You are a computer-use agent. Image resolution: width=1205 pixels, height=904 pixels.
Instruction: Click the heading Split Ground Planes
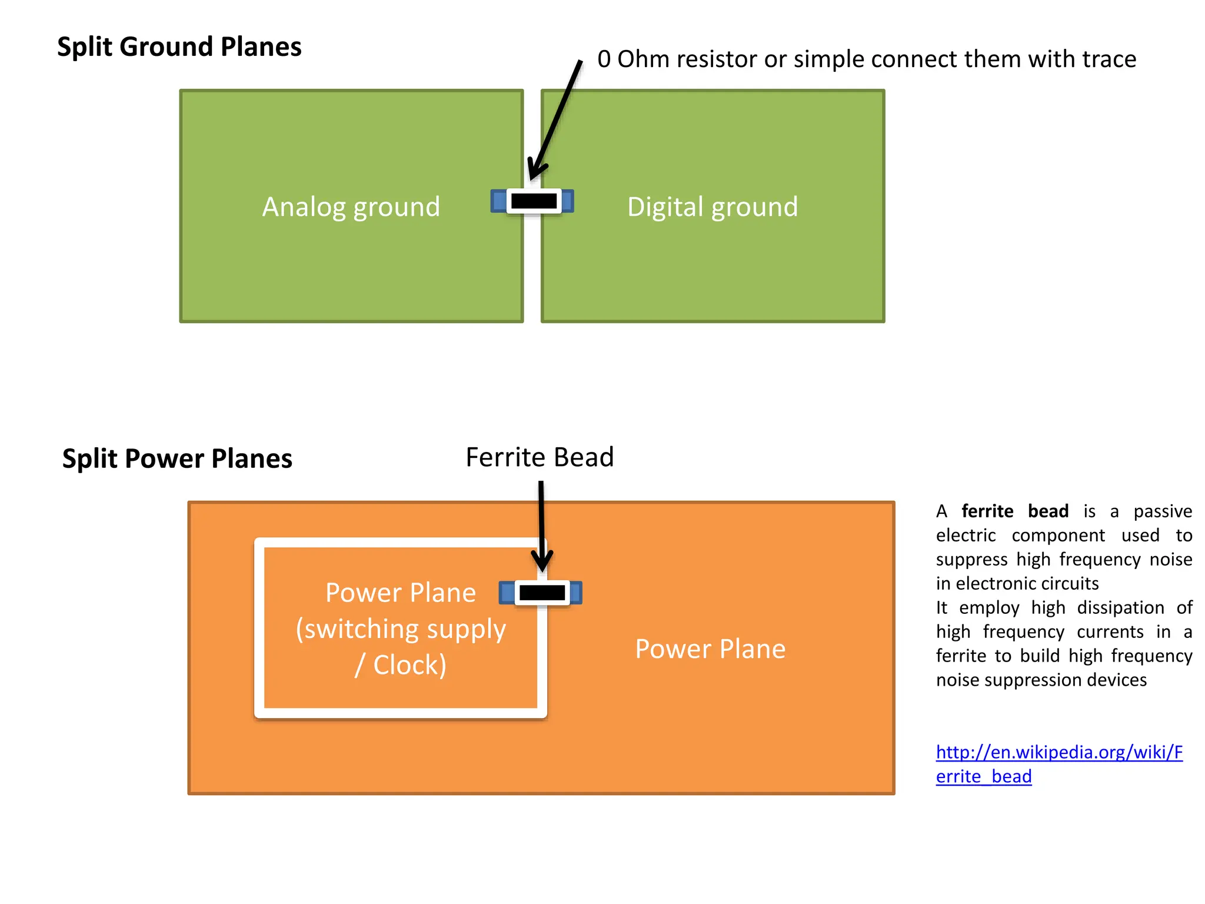pos(179,47)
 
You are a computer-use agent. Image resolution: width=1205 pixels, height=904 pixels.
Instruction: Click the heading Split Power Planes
pos(177,459)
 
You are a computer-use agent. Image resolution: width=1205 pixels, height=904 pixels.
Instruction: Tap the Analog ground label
pos(351,207)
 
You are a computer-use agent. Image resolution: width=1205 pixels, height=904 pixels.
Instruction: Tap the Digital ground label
pos(713,207)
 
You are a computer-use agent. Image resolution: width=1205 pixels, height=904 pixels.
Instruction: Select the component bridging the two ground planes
pos(532,201)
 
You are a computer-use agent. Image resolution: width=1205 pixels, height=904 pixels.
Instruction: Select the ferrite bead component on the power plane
pos(541,593)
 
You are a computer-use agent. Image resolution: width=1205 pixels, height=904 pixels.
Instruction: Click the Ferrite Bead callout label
pos(540,457)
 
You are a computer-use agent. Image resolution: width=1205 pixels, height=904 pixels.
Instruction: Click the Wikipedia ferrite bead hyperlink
pos(1058,753)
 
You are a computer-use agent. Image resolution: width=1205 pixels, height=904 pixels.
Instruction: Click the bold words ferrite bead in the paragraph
pos(1015,511)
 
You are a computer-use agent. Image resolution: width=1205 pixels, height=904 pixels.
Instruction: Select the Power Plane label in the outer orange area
pos(710,649)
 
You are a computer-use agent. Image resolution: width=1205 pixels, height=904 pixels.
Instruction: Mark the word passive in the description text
pos(1163,511)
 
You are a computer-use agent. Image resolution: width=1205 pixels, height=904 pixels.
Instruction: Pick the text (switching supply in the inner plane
pos(401,629)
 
